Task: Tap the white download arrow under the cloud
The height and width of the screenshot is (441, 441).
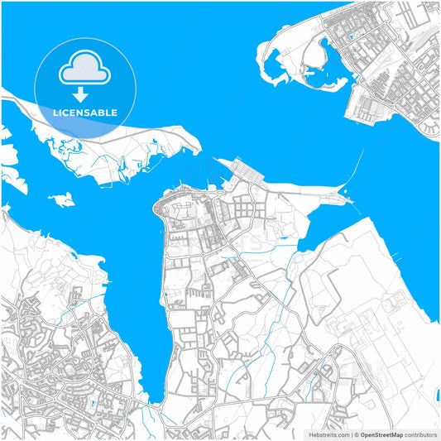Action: pyautogui.click(x=81, y=92)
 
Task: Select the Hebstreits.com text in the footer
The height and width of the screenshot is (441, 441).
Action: pyautogui.click(x=328, y=434)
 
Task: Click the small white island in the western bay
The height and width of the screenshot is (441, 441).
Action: pyautogui.click(x=60, y=199)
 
